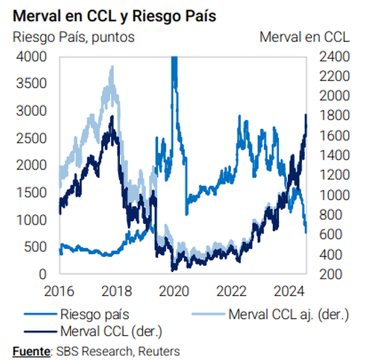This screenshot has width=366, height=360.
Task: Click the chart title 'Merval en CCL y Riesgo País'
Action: [114, 17]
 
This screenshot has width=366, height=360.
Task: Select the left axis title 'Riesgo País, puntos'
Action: [73, 38]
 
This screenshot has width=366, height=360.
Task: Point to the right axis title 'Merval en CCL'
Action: [305, 38]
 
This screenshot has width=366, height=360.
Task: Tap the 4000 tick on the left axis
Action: [32, 57]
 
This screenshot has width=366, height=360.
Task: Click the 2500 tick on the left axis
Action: [32, 138]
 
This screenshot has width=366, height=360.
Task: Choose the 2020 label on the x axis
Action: [174, 291]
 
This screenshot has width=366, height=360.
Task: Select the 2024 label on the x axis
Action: [289, 291]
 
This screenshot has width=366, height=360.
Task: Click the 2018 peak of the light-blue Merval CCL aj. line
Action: [111, 69]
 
